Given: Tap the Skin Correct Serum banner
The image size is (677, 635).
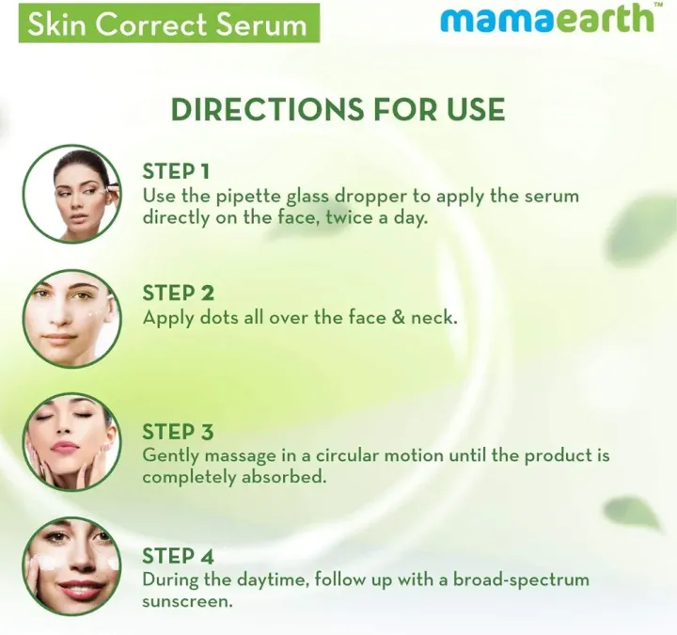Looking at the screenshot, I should click(167, 23).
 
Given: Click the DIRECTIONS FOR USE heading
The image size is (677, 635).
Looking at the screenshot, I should click(338, 109).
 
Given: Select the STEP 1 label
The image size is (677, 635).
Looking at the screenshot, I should click(176, 171).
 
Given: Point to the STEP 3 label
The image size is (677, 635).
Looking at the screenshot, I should click(178, 432).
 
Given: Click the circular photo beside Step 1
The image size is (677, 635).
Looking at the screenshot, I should click(71, 194).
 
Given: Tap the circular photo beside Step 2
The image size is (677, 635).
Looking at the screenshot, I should click(71, 318).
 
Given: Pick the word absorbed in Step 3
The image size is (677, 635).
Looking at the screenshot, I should click(285, 477).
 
